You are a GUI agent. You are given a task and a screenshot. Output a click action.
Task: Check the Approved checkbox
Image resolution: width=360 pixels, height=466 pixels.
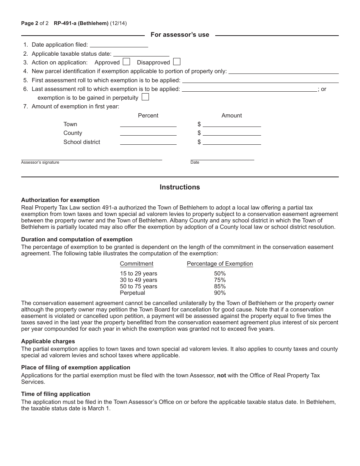pos(127,62)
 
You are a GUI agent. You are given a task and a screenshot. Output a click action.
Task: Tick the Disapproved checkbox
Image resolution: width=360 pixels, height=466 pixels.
pos(177,62)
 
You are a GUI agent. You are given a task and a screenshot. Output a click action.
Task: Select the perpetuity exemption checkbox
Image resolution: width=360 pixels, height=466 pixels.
pos(145,97)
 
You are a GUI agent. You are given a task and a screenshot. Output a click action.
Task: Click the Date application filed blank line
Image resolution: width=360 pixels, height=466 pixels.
pos(119,45)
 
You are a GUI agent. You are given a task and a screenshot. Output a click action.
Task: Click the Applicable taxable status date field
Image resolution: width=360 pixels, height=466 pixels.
pos(141,54)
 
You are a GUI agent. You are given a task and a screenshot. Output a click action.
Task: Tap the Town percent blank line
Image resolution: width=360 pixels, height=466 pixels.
pos(148,124)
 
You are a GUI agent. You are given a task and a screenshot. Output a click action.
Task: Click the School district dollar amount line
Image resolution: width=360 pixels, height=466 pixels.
pos(232,142)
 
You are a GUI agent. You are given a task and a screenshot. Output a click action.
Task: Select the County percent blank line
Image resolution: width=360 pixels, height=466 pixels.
pos(148,133)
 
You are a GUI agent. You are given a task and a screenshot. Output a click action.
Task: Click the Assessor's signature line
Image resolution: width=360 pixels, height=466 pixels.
pos(91,158)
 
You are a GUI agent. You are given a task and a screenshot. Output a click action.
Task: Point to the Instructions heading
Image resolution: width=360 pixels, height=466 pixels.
pos(180,187)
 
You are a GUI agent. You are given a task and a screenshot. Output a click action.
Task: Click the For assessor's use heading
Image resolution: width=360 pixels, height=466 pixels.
pos(180,35)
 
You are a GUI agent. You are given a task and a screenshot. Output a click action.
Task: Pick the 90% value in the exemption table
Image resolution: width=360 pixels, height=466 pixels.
pos(220,293)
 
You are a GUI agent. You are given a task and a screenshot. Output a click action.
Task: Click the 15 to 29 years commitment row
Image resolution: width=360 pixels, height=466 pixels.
pos(138,274)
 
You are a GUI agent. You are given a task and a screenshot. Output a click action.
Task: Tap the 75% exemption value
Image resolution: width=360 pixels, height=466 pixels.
pos(220,280)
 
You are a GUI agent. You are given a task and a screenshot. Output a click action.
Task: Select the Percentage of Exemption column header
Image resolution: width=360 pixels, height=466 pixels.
pos(220,264)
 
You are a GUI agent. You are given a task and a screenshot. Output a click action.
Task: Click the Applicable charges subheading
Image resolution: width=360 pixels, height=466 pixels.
pos(48,341)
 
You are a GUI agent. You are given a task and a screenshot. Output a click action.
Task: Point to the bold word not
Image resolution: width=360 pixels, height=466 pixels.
pos(221,375)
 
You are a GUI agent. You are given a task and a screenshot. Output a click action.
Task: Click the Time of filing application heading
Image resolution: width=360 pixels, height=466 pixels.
pos(56,394)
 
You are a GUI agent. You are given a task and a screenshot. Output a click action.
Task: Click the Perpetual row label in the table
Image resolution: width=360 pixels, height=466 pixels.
pos(133,293)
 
